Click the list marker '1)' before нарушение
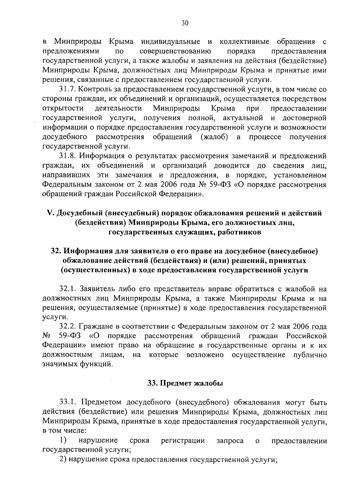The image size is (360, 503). click(x=63, y=440)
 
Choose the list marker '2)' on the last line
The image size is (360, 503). click(x=63, y=460)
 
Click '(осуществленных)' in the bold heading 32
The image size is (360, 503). click(x=95, y=270)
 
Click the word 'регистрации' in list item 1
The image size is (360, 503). click(x=183, y=440)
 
